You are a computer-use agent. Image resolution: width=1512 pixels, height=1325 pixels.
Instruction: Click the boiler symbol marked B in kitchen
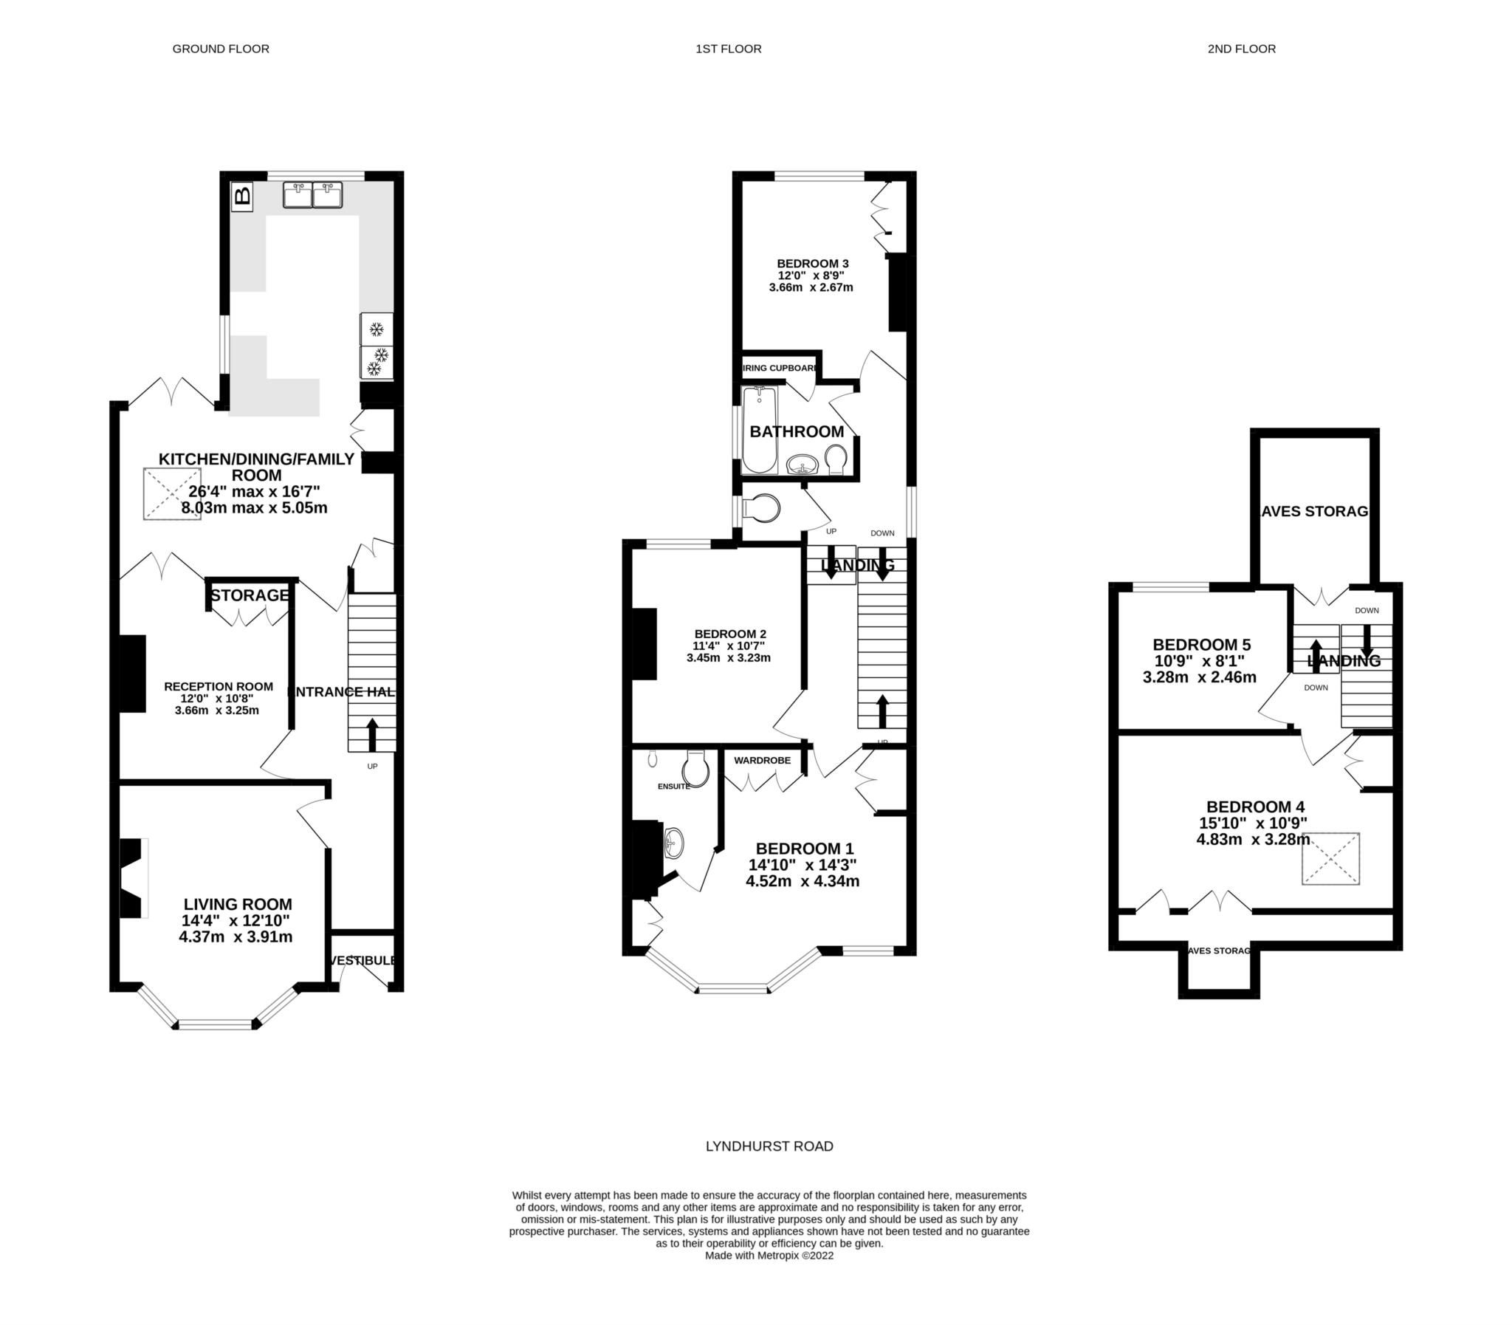(x=242, y=196)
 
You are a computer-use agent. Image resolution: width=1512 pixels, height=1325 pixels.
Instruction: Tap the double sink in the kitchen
(x=312, y=195)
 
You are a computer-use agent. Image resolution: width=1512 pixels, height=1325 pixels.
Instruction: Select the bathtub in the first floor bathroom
(x=759, y=430)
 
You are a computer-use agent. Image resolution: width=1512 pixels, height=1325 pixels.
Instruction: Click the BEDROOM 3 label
(x=812, y=263)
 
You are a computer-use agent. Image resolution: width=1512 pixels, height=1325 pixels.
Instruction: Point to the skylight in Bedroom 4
(x=1330, y=858)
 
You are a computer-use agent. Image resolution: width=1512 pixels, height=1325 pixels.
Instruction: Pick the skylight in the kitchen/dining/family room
(x=172, y=493)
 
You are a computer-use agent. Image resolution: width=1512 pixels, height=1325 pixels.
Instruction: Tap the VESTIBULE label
(x=362, y=960)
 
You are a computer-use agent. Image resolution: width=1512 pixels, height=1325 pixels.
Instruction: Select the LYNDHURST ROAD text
(x=769, y=1146)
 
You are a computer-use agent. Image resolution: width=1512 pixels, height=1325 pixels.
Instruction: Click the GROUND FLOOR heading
(x=220, y=49)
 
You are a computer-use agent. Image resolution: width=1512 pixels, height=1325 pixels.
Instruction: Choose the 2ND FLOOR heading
(x=1242, y=49)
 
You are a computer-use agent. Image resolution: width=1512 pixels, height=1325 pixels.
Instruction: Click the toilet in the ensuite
(x=695, y=769)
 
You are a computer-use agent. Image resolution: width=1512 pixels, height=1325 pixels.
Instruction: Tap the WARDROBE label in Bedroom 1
(x=762, y=760)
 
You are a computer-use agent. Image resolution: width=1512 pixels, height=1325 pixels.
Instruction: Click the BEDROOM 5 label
(x=1201, y=644)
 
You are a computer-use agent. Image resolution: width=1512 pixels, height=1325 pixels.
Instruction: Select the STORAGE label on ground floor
(x=249, y=595)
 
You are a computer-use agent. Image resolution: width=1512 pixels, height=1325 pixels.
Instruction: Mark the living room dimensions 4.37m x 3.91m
(x=235, y=937)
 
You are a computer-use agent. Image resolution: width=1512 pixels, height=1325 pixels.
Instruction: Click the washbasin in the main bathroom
(x=802, y=465)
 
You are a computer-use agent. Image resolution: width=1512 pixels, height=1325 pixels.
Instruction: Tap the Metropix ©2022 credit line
(x=769, y=1255)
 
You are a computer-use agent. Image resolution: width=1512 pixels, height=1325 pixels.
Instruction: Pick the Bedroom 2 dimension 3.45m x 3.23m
(x=728, y=657)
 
